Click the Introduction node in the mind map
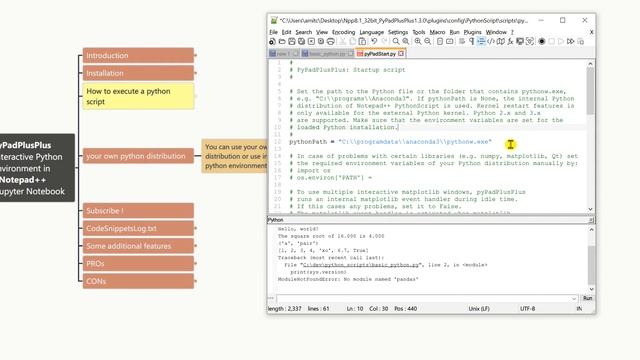[x=108, y=56]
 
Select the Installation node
[x=105, y=73]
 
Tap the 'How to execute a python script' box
[x=127, y=96]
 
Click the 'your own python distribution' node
[x=136, y=156]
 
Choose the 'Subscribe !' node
[x=105, y=211]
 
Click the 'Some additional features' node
[x=128, y=246]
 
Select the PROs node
[x=96, y=263]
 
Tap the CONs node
[x=97, y=281]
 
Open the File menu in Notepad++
[x=273, y=32]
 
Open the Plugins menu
[x=473, y=32]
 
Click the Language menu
[x=371, y=32]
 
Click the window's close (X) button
[x=587, y=19]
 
